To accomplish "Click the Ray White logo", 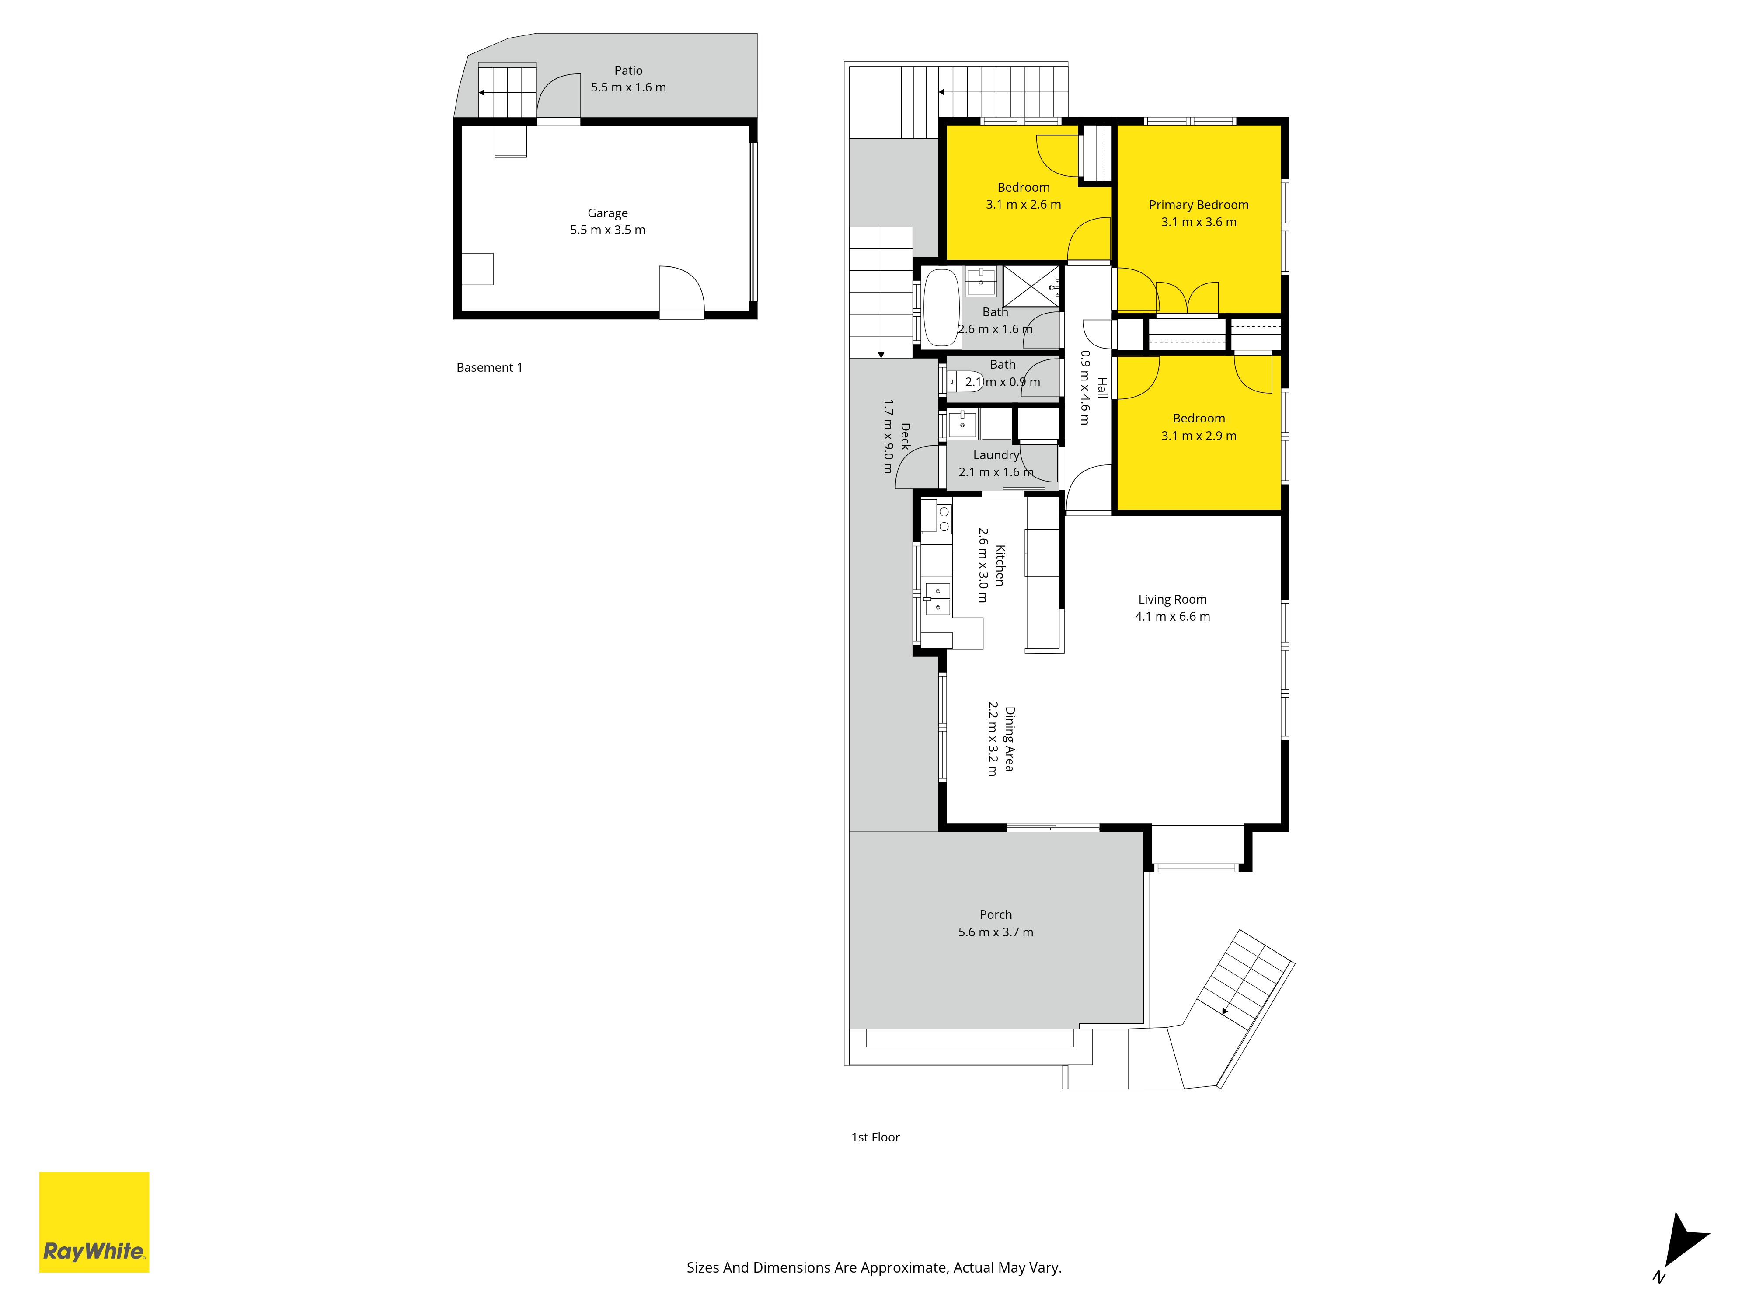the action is (94, 1222).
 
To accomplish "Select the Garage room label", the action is (607, 213).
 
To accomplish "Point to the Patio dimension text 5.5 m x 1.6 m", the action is (629, 87).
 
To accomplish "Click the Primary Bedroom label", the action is (1199, 205).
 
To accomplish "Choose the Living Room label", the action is (1173, 600).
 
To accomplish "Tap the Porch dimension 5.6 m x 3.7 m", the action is (996, 932).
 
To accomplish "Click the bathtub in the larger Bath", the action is (941, 307).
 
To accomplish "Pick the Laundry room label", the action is (996, 455).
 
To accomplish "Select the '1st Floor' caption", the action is (875, 1137).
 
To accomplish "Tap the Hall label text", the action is (1102, 387).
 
